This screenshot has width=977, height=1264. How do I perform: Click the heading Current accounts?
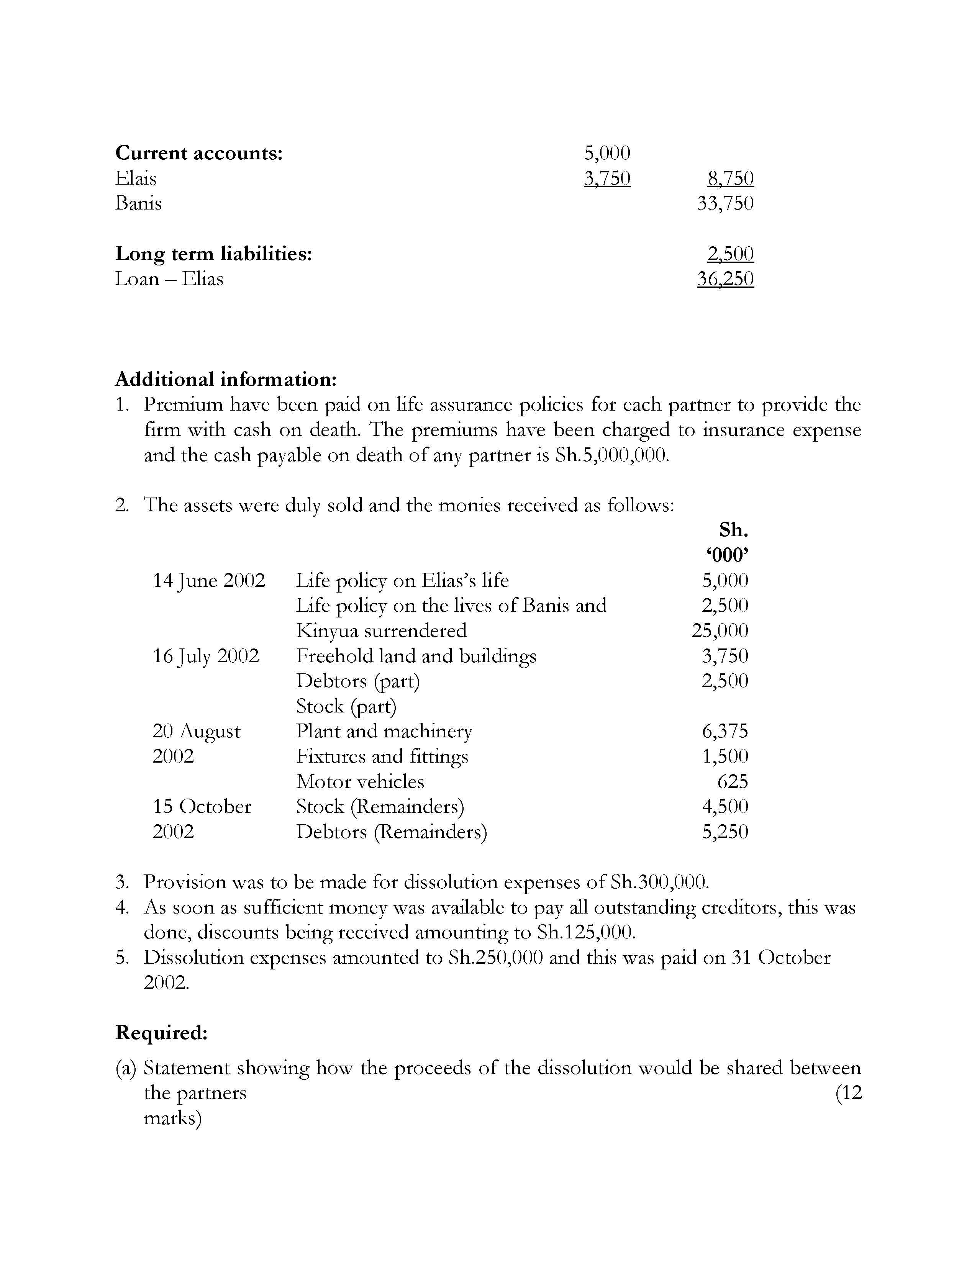click(x=199, y=153)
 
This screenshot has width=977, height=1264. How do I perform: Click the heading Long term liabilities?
click(x=213, y=254)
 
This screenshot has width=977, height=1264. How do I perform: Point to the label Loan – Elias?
click(x=169, y=279)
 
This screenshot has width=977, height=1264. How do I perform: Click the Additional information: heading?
click(x=226, y=379)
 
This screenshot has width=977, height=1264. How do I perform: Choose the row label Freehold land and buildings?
click(x=416, y=656)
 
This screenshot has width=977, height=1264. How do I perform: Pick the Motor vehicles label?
click(x=360, y=781)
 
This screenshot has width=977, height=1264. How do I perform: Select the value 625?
click(x=732, y=781)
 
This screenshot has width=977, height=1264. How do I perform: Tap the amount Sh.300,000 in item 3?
click(x=659, y=882)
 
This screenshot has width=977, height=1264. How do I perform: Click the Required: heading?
click(x=161, y=1033)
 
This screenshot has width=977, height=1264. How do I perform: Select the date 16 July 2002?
click(x=205, y=656)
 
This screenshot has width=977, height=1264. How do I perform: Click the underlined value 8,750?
click(x=730, y=178)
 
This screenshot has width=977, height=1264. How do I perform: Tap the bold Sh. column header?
click(x=733, y=530)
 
